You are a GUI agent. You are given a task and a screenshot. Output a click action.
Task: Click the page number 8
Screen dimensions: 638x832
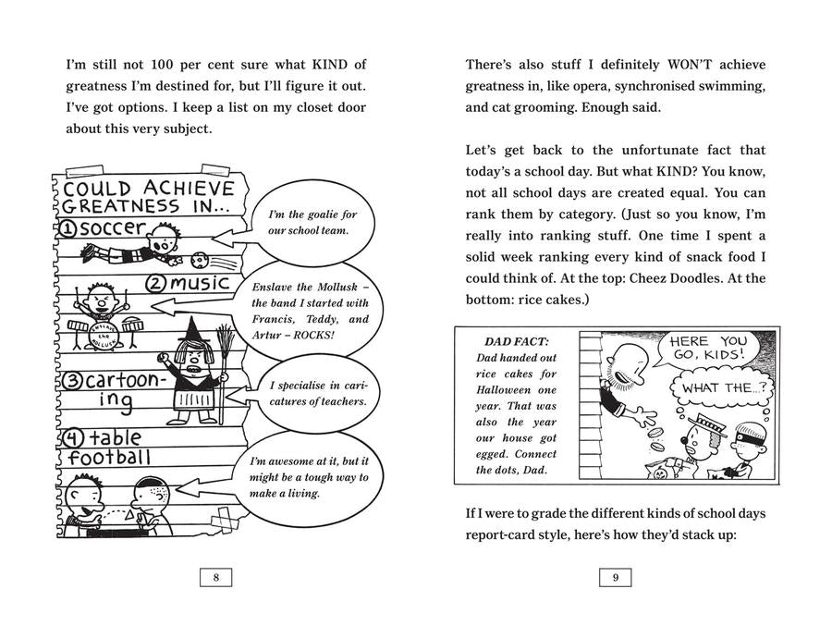point(215,578)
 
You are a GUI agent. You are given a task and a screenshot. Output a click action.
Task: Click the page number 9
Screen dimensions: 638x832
point(616,578)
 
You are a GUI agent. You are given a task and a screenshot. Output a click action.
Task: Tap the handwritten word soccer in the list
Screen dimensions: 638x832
point(112,228)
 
